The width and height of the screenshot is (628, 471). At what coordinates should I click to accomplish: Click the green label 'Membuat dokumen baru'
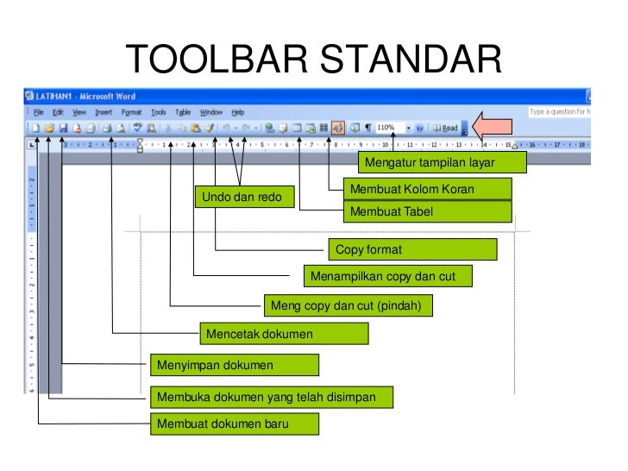[x=234, y=424]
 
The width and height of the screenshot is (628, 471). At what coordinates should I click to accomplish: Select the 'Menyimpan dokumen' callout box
[x=234, y=365]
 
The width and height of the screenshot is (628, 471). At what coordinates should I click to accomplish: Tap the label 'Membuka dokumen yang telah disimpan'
[x=271, y=397]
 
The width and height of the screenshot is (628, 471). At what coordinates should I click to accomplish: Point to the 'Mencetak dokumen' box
[x=284, y=334]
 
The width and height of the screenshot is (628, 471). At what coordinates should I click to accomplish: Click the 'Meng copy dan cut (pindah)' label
[x=348, y=305]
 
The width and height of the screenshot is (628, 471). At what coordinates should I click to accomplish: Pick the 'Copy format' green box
[x=412, y=250]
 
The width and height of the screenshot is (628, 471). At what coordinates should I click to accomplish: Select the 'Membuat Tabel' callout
[x=427, y=211]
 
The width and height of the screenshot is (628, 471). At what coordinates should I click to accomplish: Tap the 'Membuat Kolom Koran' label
[x=427, y=189]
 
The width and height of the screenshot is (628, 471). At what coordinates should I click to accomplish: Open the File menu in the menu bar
[x=39, y=112]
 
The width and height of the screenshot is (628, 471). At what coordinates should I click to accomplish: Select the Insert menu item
[x=104, y=112]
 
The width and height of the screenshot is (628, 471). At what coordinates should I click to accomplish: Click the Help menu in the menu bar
[x=237, y=112]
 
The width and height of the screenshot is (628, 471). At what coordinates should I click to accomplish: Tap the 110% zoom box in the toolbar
[x=389, y=128]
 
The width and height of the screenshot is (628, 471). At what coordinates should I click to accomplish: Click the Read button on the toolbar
[x=446, y=128]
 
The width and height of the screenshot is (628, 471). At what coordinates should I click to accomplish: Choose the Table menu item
[x=183, y=112]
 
